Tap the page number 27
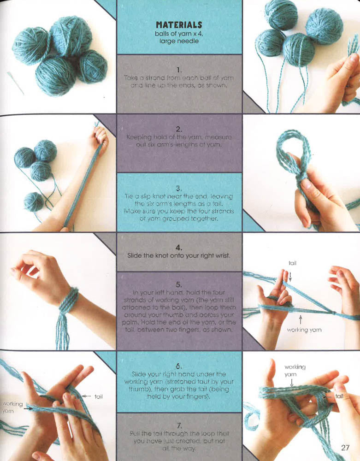346,447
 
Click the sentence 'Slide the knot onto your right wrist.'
179,255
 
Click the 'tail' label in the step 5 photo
292,263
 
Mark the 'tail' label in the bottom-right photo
339,396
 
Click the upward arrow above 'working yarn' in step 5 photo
300,319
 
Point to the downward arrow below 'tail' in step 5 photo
291,275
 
